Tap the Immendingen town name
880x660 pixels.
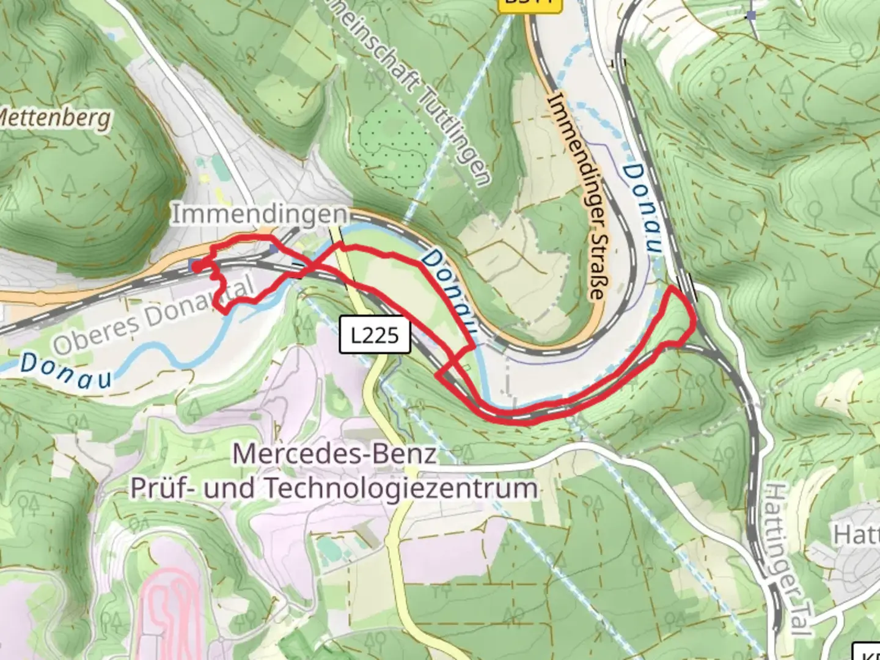click(260, 215)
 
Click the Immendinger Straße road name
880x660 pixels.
click(577, 196)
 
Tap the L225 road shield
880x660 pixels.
click(375, 335)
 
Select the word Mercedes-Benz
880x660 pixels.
click(335, 454)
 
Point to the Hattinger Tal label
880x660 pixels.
click(788, 559)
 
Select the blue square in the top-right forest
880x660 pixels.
click(751, 15)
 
